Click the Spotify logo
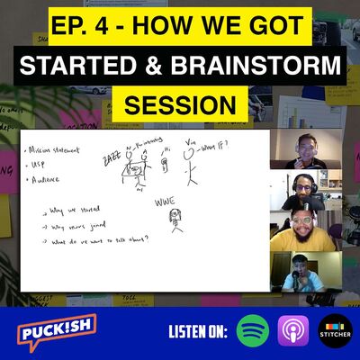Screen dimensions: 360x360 pyautogui.click(x=253, y=329)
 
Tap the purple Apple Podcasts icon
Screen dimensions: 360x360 pyautogui.click(x=294, y=329)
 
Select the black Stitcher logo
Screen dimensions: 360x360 pyautogui.click(x=334, y=329)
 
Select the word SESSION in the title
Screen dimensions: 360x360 pyautogui.click(x=179, y=104)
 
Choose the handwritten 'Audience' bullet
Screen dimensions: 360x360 pyautogui.click(x=50, y=180)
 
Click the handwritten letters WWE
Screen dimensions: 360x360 pyautogui.click(x=163, y=203)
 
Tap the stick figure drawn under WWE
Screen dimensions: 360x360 pyautogui.click(x=166, y=220)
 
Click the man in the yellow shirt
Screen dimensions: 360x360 pyautogui.click(x=304, y=231)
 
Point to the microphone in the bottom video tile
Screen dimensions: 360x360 pyautogui.click(x=291, y=281)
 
